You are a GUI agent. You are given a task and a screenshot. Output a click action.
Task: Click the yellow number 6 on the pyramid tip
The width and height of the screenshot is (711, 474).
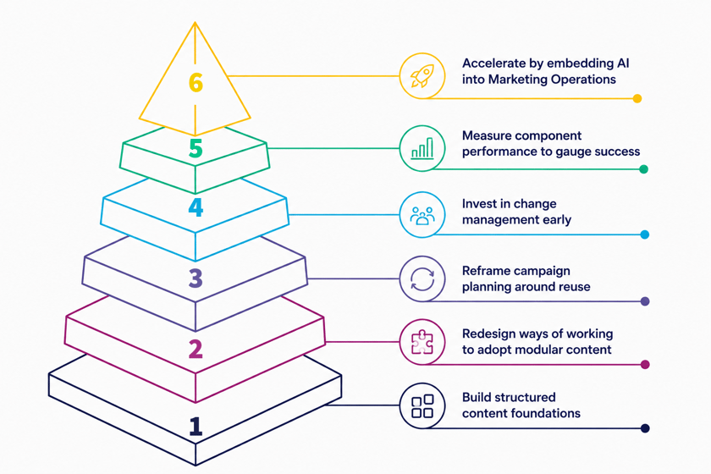[x=196, y=83]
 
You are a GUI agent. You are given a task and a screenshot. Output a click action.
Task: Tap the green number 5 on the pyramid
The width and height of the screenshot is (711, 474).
[x=196, y=148]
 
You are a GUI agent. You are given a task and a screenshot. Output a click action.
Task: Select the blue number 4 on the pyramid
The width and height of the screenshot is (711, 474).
[x=196, y=207]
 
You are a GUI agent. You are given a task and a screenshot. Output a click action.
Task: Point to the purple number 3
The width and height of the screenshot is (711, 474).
[x=196, y=278]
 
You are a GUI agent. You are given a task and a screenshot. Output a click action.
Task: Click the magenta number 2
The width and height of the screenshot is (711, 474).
[x=196, y=349]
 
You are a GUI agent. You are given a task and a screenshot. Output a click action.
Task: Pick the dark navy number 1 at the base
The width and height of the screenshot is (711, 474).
[x=196, y=427]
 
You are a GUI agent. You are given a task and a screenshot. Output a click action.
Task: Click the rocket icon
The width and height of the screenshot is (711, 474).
[x=422, y=75]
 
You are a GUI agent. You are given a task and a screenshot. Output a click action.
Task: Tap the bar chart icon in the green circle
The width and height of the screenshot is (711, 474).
[x=422, y=148]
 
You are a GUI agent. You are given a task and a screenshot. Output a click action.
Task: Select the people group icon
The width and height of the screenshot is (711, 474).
[x=422, y=216]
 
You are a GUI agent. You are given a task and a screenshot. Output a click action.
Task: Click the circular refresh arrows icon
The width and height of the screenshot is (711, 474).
[x=422, y=278]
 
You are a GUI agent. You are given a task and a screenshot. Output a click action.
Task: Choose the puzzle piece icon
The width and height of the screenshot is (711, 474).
[x=422, y=342]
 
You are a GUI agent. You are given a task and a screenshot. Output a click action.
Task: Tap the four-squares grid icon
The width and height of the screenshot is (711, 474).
[x=422, y=406]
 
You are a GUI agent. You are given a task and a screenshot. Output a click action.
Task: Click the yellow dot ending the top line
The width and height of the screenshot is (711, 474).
[x=637, y=98]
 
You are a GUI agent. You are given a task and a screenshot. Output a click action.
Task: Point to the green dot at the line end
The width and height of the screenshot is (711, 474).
[x=643, y=169]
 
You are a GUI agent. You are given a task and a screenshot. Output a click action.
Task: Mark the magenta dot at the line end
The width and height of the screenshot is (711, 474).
[x=645, y=364]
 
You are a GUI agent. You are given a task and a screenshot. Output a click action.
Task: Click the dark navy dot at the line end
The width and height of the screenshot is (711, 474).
[x=645, y=428]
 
